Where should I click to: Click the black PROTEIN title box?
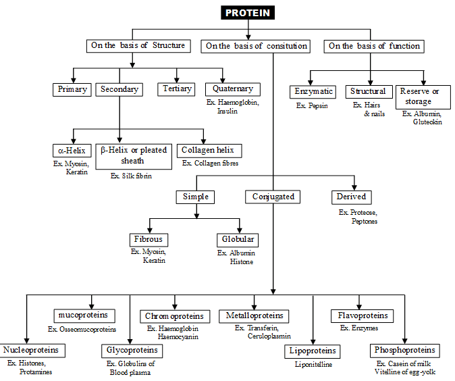(x=249, y=13)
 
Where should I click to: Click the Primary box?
(x=72, y=88)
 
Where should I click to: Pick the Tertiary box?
(x=178, y=88)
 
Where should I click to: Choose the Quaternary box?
(x=232, y=88)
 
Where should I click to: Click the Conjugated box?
(x=273, y=197)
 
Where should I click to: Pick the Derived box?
(x=351, y=197)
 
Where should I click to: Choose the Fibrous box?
(x=148, y=239)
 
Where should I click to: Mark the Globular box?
(x=238, y=239)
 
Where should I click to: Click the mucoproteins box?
(x=84, y=315)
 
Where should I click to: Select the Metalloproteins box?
(x=255, y=315)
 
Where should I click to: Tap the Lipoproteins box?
(x=313, y=351)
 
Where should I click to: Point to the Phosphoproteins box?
(x=405, y=351)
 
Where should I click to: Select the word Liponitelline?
(x=314, y=365)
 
